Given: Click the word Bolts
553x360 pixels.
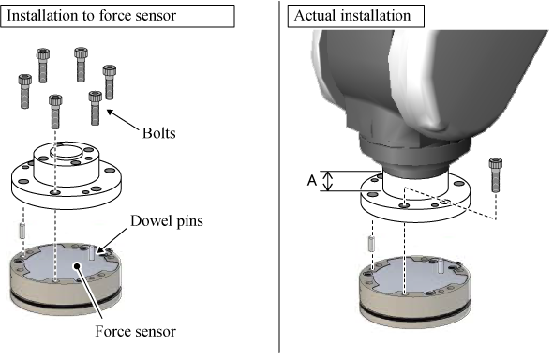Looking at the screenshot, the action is click(x=158, y=133).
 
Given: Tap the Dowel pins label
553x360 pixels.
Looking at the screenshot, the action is click(x=167, y=221).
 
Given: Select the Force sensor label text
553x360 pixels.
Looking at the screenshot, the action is click(x=135, y=332).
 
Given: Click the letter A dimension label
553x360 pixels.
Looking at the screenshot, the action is click(x=312, y=181).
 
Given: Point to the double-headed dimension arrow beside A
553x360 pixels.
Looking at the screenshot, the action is click(x=328, y=181).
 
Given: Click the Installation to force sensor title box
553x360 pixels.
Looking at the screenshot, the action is click(x=117, y=16).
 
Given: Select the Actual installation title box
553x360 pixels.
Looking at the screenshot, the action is click(x=356, y=16).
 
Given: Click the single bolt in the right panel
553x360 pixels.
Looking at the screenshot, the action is click(x=496, y=175).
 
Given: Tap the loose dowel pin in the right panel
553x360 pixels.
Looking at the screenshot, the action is click(x=371, y=244).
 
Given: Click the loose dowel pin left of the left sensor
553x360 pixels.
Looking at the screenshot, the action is click(x=22, y=231).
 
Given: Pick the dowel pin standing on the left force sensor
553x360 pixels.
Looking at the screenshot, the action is click(x=92, y=253).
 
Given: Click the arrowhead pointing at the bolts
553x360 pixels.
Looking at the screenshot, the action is click(x=110, y=112).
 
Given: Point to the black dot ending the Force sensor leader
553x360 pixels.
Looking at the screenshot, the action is click(x=76, y=265).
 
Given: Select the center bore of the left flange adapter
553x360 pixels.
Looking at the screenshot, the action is click(x=67, y=152).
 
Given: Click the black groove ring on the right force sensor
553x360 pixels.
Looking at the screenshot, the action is click(x=415, y=316).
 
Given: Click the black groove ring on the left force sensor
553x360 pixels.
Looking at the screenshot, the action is click(x=66, y=303).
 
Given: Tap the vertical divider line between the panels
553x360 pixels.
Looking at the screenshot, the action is click(x=279, y=176).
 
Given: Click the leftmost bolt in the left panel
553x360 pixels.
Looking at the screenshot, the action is click(x=25, y=91).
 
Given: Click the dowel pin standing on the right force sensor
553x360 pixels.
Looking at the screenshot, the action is click(x=441, y=266).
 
